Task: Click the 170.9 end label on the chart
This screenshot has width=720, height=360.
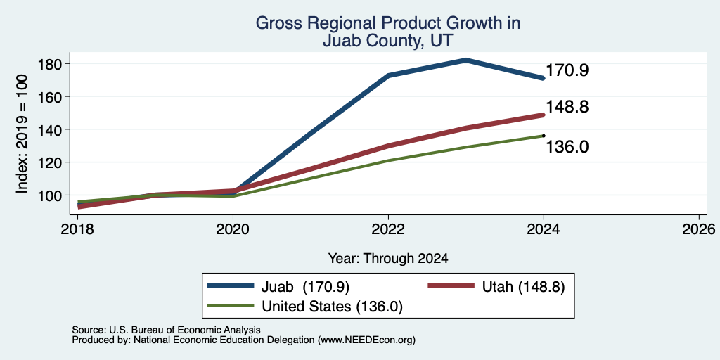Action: [567, 71]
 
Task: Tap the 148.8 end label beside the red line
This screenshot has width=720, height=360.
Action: [567, 108]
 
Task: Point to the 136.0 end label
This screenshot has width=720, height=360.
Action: [567, 148]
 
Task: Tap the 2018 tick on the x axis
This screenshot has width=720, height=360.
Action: [78, 229]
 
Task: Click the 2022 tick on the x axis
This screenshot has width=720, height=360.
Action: [388, 229]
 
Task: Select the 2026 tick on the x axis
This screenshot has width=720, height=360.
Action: [699, 229]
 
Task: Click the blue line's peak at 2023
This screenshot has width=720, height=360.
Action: [465, 60]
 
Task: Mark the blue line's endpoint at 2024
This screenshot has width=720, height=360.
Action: [544, 79]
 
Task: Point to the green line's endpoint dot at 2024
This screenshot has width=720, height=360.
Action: [544, 136]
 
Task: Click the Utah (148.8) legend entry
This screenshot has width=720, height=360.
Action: [496, 287]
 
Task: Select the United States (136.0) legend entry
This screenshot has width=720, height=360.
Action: [305, 306]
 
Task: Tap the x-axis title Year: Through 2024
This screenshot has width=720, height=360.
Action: [388, 259]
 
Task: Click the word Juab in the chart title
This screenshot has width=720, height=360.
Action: [341, 41]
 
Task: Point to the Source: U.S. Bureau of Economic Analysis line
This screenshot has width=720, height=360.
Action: [166, 330]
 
